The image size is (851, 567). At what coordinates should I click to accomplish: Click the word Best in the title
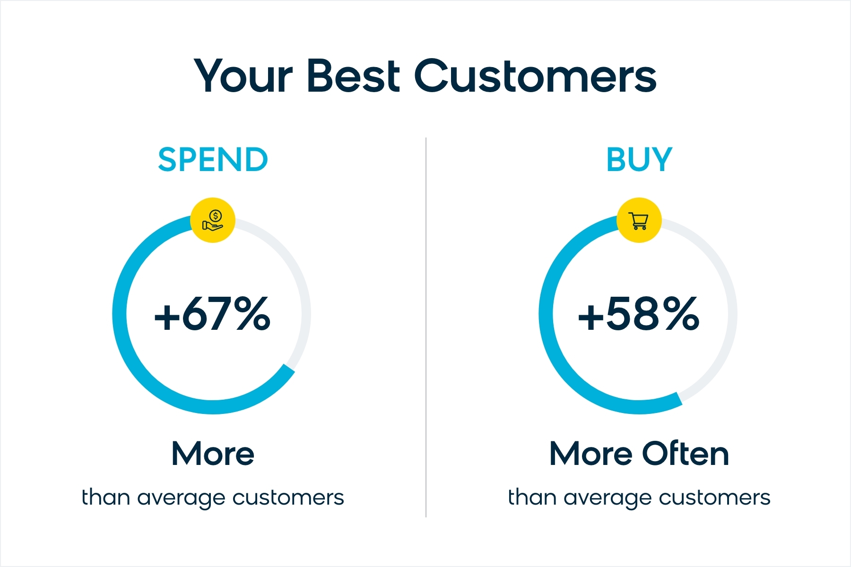[354, 76]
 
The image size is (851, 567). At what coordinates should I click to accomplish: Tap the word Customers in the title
[536, 76]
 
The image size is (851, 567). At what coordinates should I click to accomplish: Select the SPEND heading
[213, 159]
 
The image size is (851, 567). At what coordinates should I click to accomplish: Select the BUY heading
[639, 159]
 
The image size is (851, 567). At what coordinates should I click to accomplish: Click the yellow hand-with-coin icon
[213, 220]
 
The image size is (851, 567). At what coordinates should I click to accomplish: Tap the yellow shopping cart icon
[639, 220]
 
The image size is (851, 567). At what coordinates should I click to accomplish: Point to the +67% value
[212, 313]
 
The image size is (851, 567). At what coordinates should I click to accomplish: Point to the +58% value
[639, 313]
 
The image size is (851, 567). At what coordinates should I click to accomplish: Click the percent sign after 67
[252, 313]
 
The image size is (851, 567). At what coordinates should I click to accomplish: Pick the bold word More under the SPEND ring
[213, 454]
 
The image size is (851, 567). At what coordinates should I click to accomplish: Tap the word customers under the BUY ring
[714, 498]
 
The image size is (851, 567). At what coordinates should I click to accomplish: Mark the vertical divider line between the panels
[426, 327]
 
